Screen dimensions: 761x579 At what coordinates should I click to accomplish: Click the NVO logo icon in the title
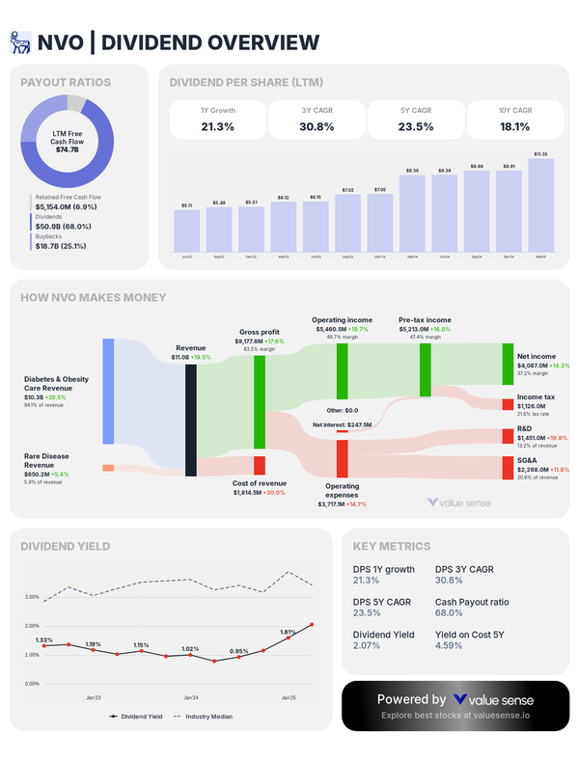[x=21, y=41]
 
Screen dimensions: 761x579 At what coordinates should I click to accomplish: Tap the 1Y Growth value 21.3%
[x=217, y=126]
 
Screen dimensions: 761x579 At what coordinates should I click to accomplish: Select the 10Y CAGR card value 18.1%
[x=514, y=126]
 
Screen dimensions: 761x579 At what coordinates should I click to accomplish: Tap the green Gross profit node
[x=260, y=401]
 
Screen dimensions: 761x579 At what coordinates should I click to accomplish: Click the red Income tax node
[x=508, y=403]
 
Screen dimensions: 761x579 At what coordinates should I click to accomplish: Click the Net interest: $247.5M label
[x=342, y=424]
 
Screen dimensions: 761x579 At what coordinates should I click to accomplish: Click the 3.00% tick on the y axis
[x=32, y=597]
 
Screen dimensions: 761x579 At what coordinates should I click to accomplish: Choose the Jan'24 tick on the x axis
[x=190, y=696]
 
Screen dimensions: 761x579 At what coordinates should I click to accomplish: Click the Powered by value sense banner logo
[x=494, y=699]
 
